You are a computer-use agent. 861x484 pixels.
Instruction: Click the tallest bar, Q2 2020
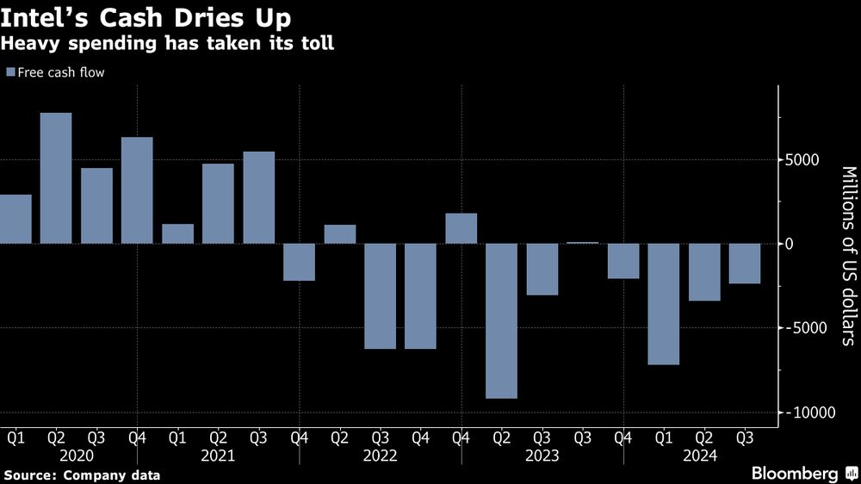56,178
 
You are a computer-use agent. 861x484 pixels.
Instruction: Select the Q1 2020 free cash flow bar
15,219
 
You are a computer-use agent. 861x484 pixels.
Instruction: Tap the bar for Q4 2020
137,190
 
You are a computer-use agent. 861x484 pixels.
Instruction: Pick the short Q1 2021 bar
177,233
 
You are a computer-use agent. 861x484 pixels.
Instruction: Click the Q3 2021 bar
258,197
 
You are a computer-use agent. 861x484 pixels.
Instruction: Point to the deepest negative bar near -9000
501,320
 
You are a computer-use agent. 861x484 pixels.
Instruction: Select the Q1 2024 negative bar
664,304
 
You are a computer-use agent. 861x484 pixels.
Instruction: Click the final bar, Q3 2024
745,264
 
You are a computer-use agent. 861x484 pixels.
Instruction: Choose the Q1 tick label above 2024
664,437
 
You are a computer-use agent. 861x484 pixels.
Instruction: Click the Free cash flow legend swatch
9,73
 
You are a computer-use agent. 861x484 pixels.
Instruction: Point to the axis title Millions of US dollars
848,255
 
